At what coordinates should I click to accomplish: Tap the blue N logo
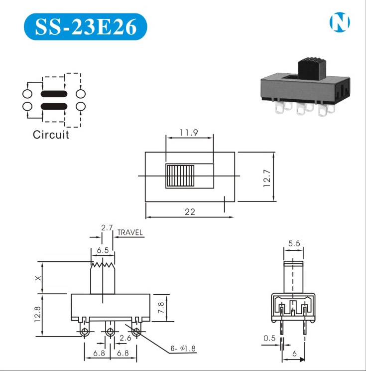340,21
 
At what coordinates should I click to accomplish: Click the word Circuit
51,134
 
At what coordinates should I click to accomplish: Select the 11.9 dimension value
189,133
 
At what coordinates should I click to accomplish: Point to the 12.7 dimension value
267,177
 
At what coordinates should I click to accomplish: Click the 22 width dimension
190,211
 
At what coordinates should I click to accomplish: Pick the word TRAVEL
130,232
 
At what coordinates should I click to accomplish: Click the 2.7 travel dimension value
106,228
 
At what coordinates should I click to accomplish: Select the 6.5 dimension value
103,251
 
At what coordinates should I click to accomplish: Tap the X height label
38,278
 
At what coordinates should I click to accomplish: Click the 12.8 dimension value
38,315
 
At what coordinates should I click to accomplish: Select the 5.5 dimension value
294,244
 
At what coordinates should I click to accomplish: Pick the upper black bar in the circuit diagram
54,93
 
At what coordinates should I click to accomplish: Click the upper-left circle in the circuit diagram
27,93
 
